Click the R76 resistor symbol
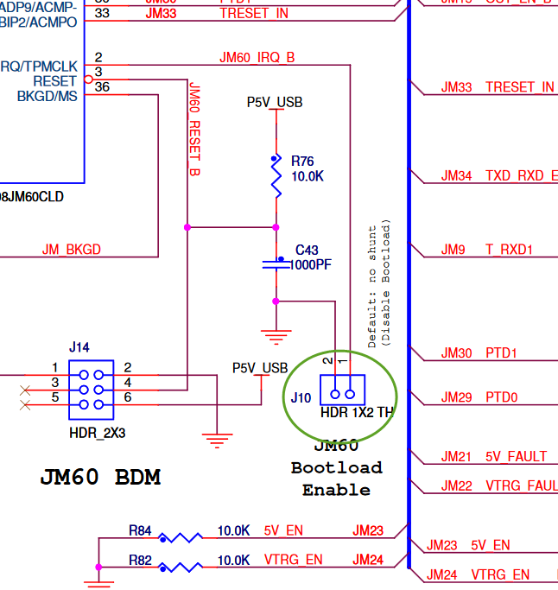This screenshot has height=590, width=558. point(276,176)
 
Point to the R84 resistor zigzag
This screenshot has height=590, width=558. point(181,537)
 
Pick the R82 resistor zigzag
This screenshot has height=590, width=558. point(181,567)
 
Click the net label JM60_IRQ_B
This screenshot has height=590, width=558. point(257,58)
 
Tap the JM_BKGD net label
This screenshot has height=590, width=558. point(72,250)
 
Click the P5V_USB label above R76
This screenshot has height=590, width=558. point(275,102)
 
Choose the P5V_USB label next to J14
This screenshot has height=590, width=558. point(260,368)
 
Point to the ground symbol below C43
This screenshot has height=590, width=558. point(276,337)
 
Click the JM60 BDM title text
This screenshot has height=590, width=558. point(100,477)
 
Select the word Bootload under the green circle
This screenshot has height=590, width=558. point(336,467)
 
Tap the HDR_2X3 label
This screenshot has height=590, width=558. point(97,432)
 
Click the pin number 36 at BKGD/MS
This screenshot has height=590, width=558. point(102,87)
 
